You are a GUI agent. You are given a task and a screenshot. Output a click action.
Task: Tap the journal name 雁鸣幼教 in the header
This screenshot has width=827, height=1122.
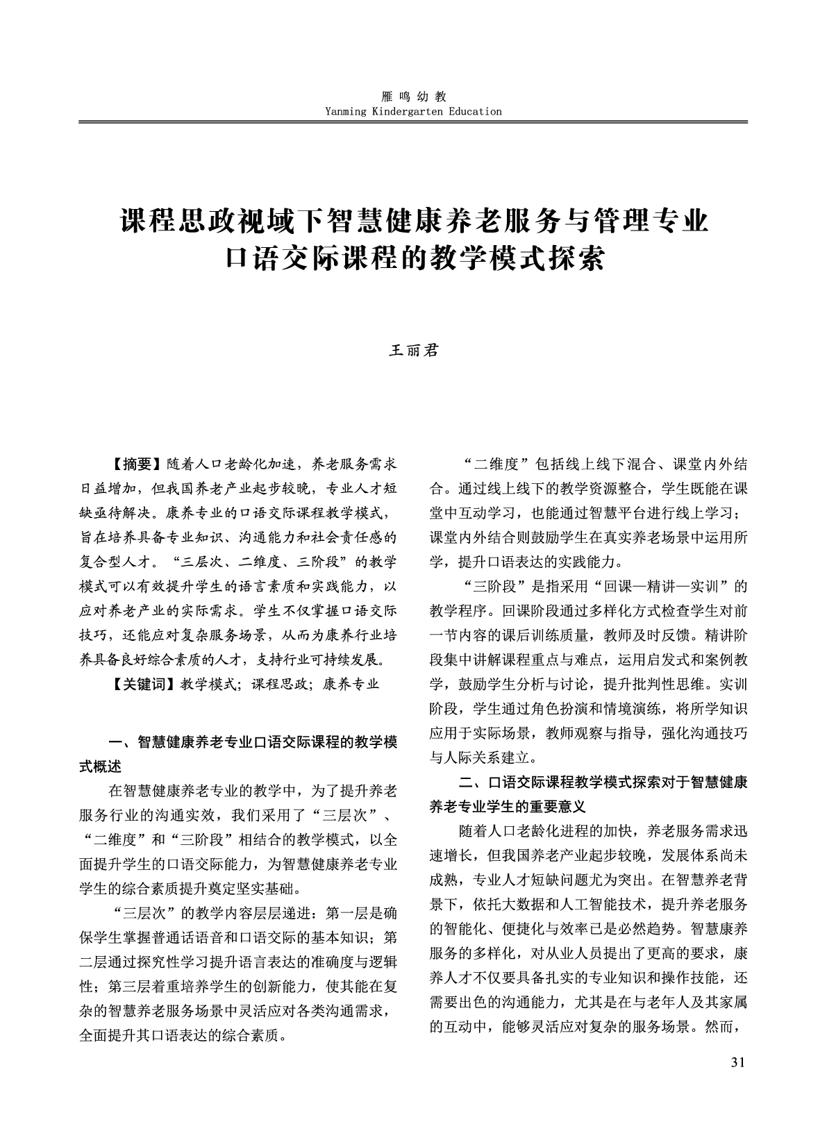click(413, 97)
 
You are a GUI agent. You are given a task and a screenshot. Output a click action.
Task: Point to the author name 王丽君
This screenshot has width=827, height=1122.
click(413, 351)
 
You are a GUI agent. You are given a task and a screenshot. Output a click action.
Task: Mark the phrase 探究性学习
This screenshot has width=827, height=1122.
click(174, 962)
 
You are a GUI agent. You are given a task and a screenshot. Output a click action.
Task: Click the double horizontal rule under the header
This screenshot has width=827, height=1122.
click(413, 123)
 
